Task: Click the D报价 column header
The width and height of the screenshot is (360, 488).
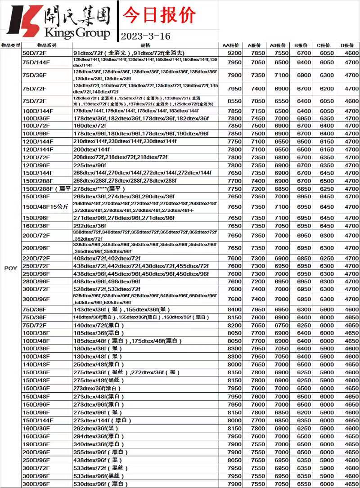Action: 347,45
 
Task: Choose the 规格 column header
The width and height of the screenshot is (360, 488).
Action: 145,45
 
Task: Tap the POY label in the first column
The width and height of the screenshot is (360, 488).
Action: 11,269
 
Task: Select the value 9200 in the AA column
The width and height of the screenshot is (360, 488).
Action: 234,53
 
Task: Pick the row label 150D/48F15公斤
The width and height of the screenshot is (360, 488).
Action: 45,206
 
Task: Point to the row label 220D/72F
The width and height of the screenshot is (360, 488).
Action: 36,258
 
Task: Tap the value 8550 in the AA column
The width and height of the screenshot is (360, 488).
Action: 234,101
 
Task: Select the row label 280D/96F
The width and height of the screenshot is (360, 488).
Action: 36,281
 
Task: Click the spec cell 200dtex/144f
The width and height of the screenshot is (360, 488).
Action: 91,149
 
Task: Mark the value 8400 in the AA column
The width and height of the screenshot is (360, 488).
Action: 234,309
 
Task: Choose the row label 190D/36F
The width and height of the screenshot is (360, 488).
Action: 36,444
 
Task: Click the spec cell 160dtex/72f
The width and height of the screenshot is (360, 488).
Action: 90,126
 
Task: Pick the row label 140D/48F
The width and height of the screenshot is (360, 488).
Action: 36,364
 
